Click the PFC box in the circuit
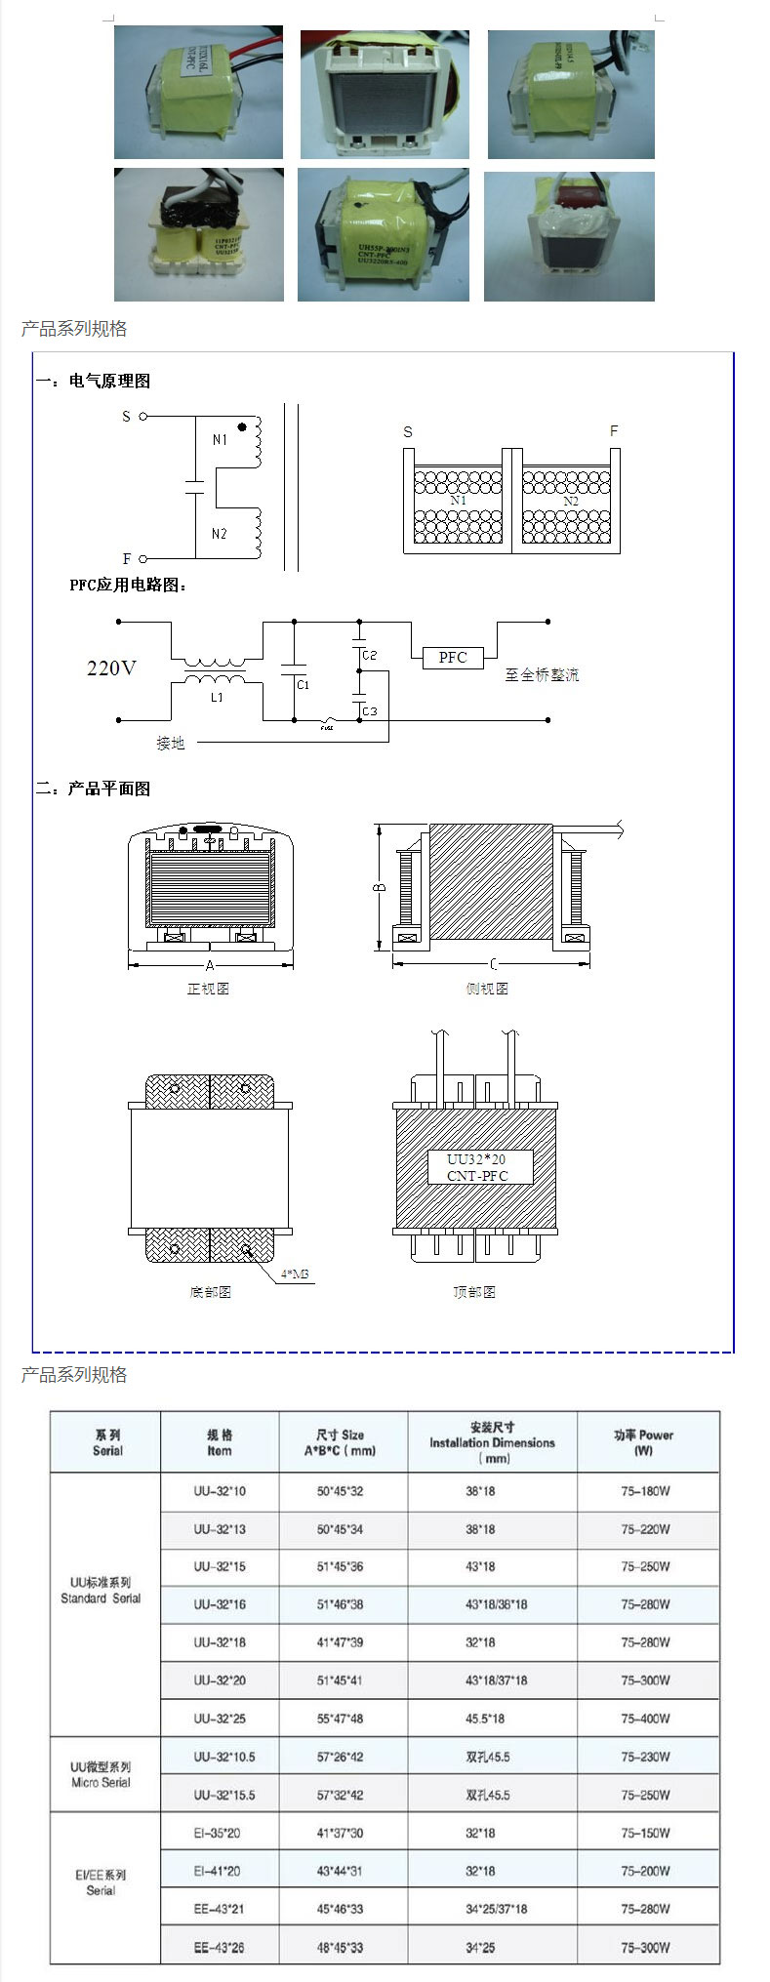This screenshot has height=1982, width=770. (x=453, y=658)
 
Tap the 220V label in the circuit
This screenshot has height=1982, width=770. (x=111, y=668)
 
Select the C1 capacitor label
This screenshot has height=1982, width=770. (x=304, y=685)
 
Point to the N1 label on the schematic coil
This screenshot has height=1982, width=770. (x=220, y=440)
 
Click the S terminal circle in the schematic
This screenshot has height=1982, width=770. (x=143, y=417)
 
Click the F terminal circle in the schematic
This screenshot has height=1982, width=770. (x=143, y=559)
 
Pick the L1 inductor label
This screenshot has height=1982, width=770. (x=217, y=697)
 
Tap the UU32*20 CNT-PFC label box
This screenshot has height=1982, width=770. (x=478, y=1167)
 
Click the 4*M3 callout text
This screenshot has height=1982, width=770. (x=295, y=1274)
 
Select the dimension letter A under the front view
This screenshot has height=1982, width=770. (x=210, y=965)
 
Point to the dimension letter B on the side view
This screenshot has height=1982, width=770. (x=380, y=887)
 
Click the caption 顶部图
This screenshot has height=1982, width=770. (x=474, y=1292)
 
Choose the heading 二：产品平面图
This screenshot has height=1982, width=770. (x=94, y=789)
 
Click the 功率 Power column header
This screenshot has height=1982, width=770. (x=644, y=1442)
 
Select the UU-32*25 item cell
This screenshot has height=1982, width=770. (x=220, y=1719)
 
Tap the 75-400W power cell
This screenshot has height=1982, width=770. (x=645, y=1719)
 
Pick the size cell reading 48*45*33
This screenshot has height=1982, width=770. (x=340, y=1948)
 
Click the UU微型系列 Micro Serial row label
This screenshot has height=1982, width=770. (x=101, y=1774)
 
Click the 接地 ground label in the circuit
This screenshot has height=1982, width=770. (x=171, y=743)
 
